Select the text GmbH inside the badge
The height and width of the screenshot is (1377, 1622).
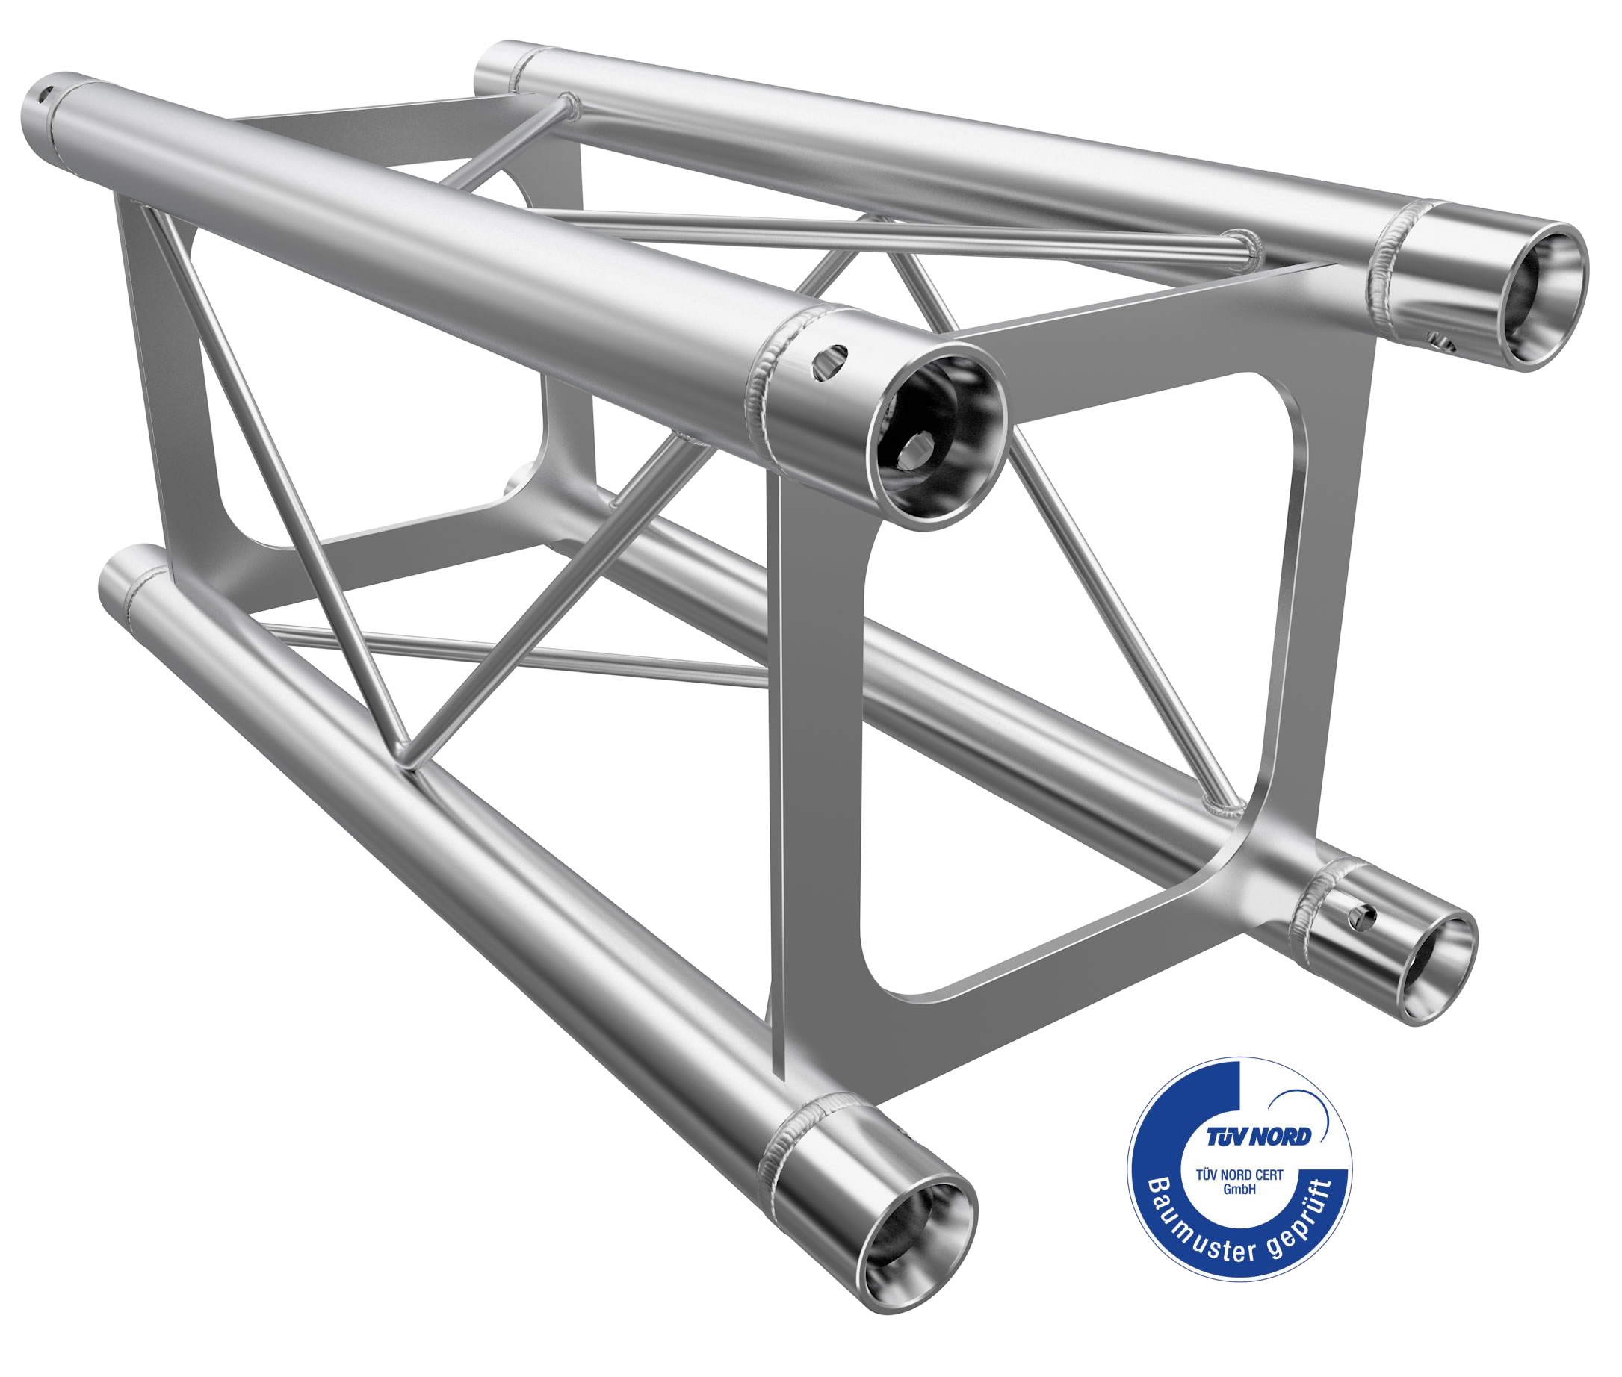tap(1239, 1190)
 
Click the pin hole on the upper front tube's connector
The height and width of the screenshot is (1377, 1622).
tap(830, 364)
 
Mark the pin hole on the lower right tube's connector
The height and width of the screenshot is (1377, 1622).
tap(1363, 918)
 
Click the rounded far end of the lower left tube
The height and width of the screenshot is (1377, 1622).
tap(117, 582)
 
